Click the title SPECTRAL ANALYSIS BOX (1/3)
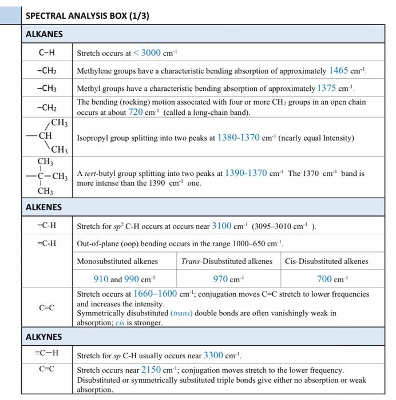click(88, 16)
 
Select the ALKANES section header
click(44, 34)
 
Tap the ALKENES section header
click(44, 207)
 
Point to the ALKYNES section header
click(44, 337)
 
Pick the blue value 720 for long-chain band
click(135, 112)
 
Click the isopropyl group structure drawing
click(51, 136)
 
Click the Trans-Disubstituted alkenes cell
click(227, 262)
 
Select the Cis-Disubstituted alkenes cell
click(326, 262)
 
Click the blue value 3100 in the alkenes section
click(221, 226)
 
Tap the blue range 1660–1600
click(155, 294)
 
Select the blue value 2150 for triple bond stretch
click(152, 370)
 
